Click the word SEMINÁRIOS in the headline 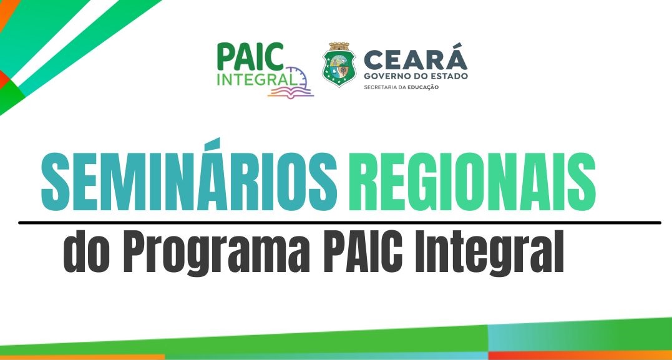189,176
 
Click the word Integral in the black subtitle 485,253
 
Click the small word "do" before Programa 88,252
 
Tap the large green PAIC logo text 250,56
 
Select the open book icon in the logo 291,91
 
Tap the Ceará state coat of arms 339,64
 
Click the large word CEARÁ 416,60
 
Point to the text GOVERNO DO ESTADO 416,76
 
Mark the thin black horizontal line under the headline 339,223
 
